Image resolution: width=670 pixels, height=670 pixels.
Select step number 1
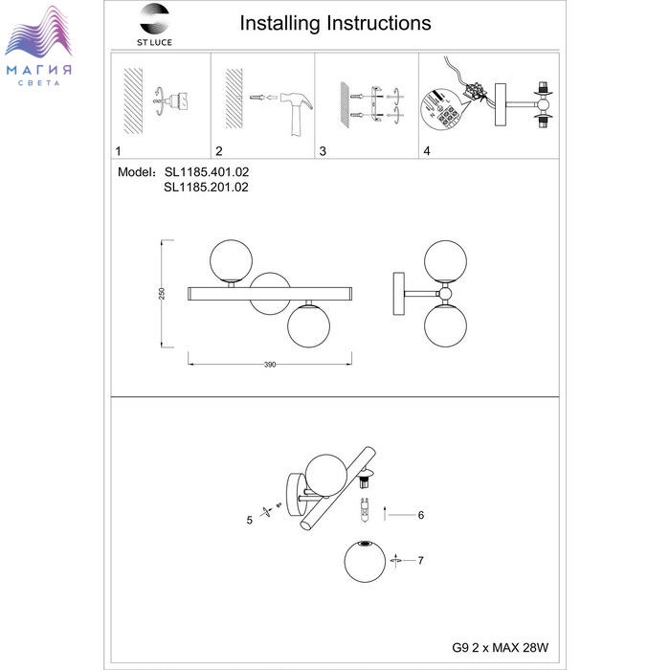click(x=118, y=151)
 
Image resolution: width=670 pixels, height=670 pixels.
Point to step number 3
click(x=323, y=151)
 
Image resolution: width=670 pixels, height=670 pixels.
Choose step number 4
click(x=427, y=151)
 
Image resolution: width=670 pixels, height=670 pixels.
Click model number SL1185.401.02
click(x=206, y=172)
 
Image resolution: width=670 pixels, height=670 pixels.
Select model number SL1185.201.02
click(x=206, y=189)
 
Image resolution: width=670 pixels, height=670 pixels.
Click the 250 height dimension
click(x=163, y=293)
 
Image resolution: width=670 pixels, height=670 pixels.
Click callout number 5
click(x=249, y=521)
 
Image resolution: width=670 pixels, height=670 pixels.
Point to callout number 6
click(x=420, y=515)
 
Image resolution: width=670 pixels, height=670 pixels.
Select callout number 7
click(x=420, y=560)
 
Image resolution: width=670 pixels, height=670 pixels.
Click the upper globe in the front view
click(x=232, y=259)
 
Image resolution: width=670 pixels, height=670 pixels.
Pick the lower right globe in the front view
click(x=308, y=325)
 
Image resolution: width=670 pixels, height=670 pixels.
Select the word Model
click(x=135, y=172)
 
